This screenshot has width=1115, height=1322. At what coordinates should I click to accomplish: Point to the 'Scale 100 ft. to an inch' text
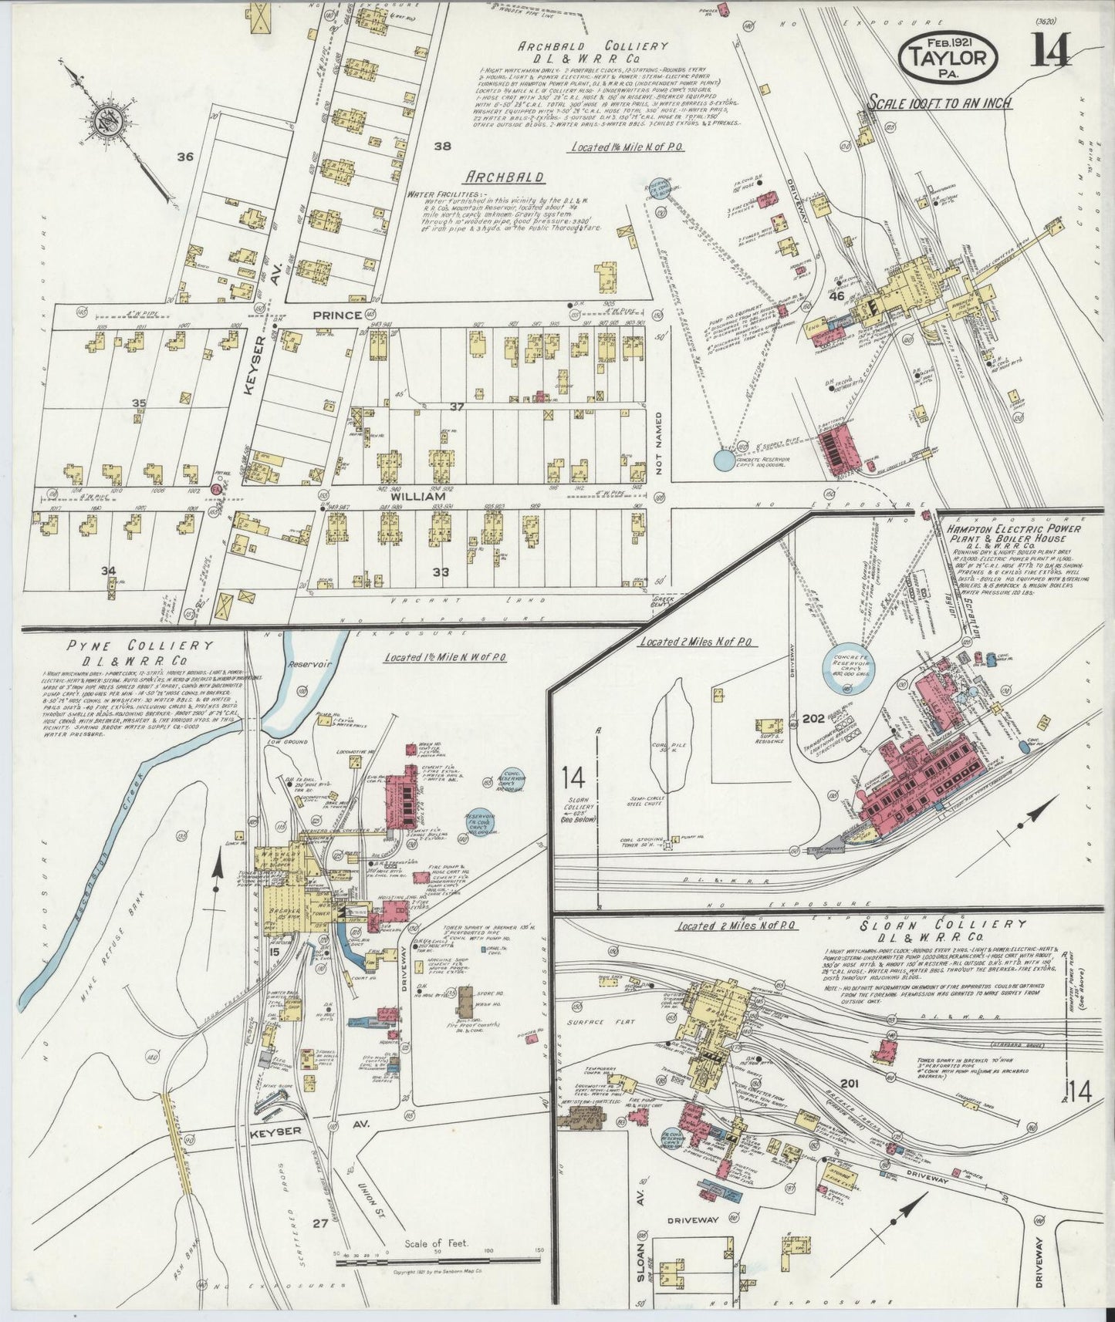tap(940, 103)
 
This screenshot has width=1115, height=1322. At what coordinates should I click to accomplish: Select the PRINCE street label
tap(337, 315)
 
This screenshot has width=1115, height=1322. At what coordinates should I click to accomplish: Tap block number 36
tap(184, 157)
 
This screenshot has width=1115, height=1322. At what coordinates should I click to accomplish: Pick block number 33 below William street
tap(441, 572)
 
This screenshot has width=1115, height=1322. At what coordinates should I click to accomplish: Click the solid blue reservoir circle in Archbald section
tap(724, 460)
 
